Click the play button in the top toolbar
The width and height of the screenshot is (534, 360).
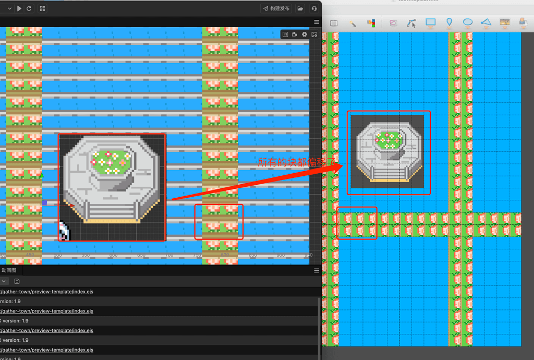click(x=19, y=8)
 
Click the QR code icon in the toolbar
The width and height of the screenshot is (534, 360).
click(x=42, y=8)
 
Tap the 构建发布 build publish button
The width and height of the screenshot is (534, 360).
click(x=276, y=8)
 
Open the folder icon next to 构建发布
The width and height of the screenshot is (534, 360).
click(x=300, y=8)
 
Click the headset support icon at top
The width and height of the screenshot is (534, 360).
click(x=314, y=8)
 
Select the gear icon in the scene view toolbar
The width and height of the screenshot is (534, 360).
click(x=305, y=34)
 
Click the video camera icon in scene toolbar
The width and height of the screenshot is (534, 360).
click(x=295, y=34)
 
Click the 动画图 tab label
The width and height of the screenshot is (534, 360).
click(x=9, y=270)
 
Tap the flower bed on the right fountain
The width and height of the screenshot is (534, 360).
click(x=389, y=139)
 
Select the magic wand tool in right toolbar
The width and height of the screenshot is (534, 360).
click(x=353, y=23)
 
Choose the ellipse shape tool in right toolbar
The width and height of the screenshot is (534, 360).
click(x=468, y=22)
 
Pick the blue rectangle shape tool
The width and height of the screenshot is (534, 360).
click(x=430, y=22)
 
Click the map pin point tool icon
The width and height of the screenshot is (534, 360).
click(x=450, y=22)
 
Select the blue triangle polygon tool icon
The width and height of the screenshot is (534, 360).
click(x=486, y=22)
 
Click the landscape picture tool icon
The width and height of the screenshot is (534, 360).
click(x=504, y=22)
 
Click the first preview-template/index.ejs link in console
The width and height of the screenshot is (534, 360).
click(x=47, y=292)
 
